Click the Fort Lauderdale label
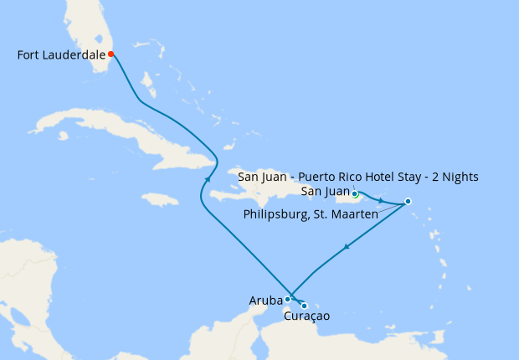pyautogui.click(x=61, y=55)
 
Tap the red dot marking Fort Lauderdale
pyautogui.click(x=110, y=54)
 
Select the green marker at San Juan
pyautogui.click(x=355, y=194)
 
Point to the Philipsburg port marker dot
pyautogui.click(x=408, y=201)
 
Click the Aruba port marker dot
pyautogui.click(x=287, y=299)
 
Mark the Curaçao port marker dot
pyautogui.click(x=304, y=306)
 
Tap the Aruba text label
pyautogui.click(x=265, y=300)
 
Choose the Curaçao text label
pyautogui.click(x=306, y=316)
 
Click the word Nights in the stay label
pyautogui.click(x=459, y=177)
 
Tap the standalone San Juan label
pyautogui.click(x=324, y=192)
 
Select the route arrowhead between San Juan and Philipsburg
pyautogui.click(x=381, y=201)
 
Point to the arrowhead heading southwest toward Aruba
pyautogui.click(x=345, y=248)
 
